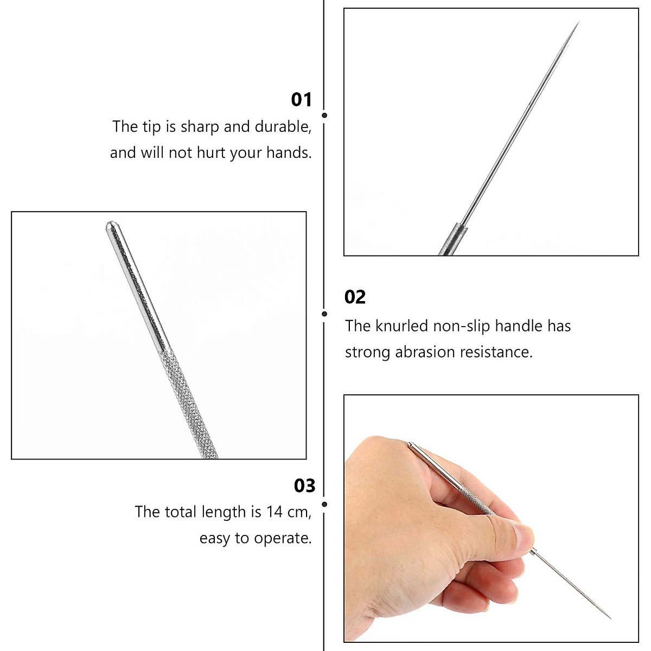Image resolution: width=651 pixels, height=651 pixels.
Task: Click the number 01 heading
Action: pyautogui.click(x=302, y=100)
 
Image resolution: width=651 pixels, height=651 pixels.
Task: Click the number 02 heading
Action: pyautogui.click(x=355, y=297)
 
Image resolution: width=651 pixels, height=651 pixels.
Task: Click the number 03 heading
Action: pyautogui.click(x=304, y=486)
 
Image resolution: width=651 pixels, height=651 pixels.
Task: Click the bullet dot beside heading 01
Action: pyautogui.click(x=324, y=115)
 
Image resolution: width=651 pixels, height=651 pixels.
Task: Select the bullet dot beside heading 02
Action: pyautogui.click(x=324, y=314)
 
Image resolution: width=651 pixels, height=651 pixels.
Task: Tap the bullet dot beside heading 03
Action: pyautogui.click(x=324, y=504)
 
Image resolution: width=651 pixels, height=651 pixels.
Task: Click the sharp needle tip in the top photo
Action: pyautogui.click(x=579, y=23)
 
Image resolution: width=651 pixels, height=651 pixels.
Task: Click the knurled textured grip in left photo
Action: pyautogui.click(x=190, y=401)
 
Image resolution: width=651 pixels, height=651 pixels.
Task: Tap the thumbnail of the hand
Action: pyautogui.click(x=523, y=537)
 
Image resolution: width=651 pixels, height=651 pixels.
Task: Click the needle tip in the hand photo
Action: pyautogui.click(x=609, y=617)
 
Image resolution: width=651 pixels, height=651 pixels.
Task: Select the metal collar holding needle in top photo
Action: pyautogui.click(x=454, y=239)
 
